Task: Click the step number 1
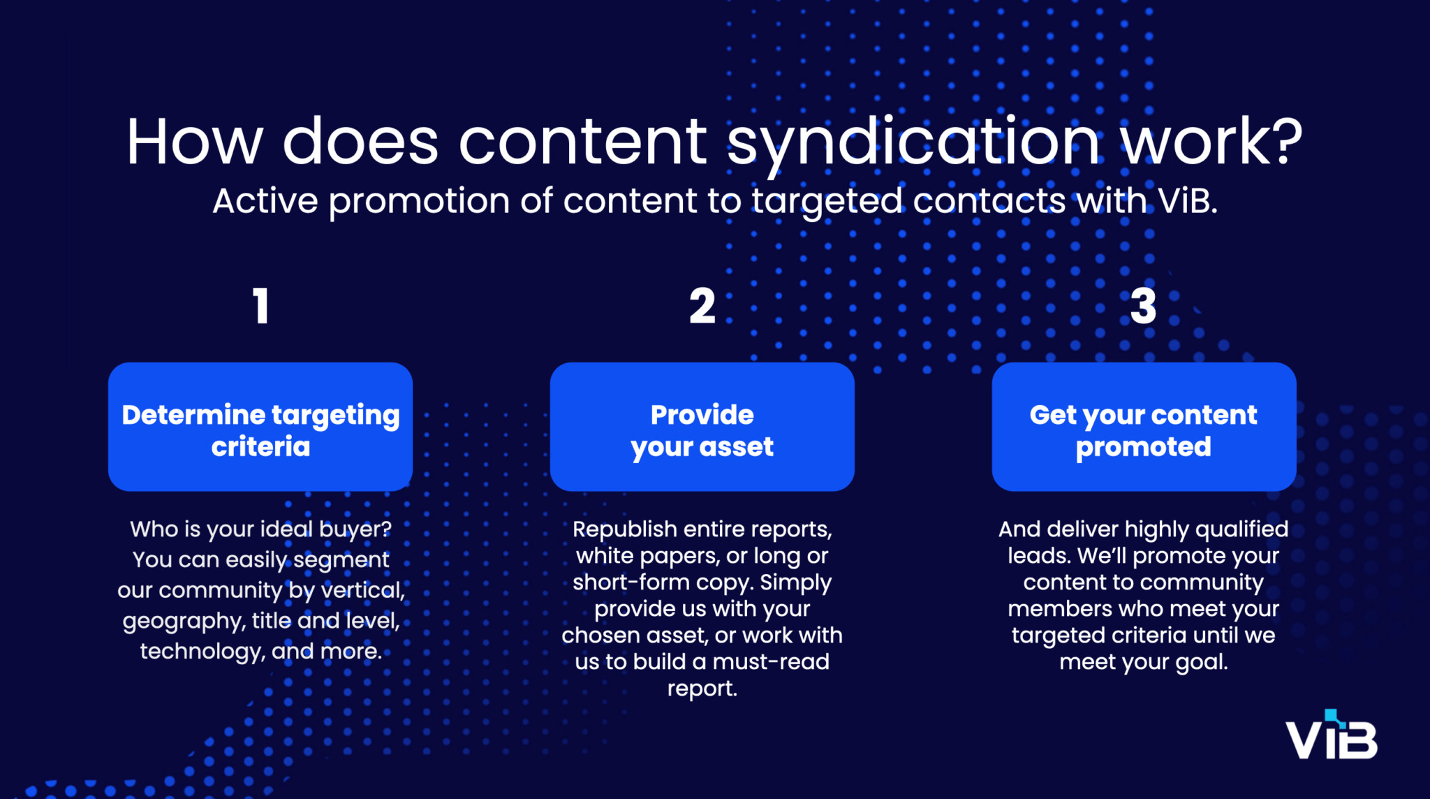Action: [261, 306]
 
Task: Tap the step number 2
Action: [702, 306]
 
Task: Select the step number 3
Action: [1143, 306]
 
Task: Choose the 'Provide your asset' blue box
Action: [702, 427]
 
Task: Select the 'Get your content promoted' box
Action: [1144, 427]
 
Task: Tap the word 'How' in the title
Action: [194, 142]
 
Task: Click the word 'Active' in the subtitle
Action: [265, 201]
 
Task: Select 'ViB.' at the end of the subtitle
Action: [1188, 201]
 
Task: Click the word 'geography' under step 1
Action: [184, 622]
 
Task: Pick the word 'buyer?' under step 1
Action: [355, 529]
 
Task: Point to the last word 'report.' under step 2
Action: [702, 689]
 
